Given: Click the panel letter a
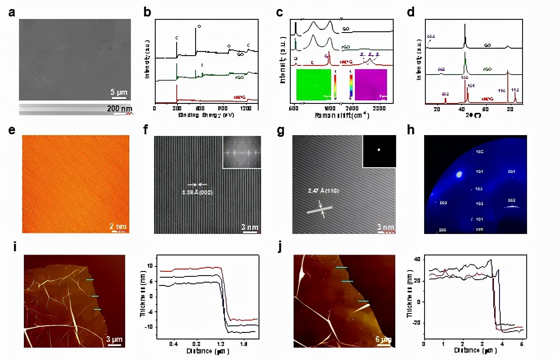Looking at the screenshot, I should pyautogui.click(x=12, y=12).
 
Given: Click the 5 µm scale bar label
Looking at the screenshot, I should pyautogui.click(x=119, y=91).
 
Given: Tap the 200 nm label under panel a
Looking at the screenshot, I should pyautogui.click(x=122, y=108).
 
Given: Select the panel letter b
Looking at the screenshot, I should pyautogui.click(x=147, y=12).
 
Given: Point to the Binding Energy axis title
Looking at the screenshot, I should pyautogui.click(x=203, y=115).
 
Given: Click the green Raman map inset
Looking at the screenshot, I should pyautogui.click(x=313, y=84).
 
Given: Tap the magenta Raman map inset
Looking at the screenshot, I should pyautogui.click(x=371, y=84).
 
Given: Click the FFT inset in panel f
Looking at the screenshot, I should pyautogui.click(x=242, y=152).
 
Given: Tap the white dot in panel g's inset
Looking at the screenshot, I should pyautogui.click(x=379, y=150).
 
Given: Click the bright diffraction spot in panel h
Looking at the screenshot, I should pyautogui.click(x=458, y=175).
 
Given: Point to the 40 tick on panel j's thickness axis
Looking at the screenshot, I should pyautogui.click(x=418, y=259).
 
